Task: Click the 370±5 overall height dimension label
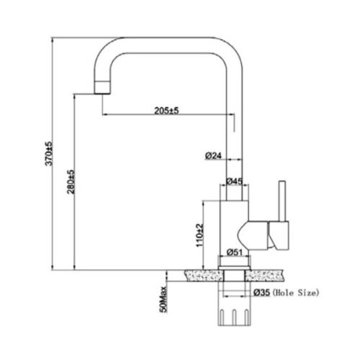(49, 153)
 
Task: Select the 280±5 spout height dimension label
(71, 181)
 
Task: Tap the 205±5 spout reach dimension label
(166, 111)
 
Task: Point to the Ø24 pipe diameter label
(213, 156)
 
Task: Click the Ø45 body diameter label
(234, 181)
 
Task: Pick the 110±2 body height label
(199, 235)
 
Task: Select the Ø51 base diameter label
(235, 252)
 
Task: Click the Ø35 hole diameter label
(262, 292)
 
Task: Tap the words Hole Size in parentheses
(296, 293)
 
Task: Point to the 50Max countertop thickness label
(163, 299)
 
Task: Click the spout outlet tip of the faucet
(102, 93)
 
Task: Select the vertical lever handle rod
(282, 201)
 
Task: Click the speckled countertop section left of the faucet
(204, 276)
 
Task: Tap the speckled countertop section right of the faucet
(264, 276)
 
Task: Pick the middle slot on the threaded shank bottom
(235, 318)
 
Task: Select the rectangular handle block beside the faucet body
(279, 235)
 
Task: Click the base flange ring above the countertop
(234, 268)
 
